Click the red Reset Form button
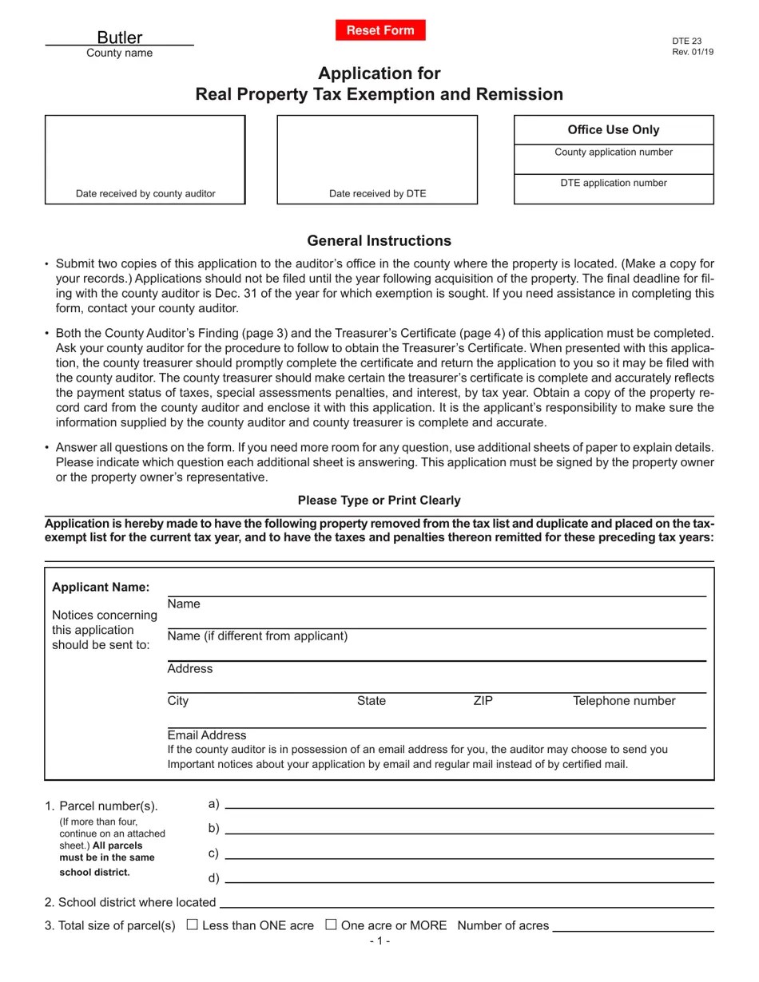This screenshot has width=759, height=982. pyautogui.click(x=380, y=30)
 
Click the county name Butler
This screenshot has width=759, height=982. pyautogui.click(x=120, y=38)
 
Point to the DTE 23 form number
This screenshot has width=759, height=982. pyautogui.click(x=687, y=41)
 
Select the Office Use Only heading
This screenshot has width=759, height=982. pyautogui.click(x=614, y=129)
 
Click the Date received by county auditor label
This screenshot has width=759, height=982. pyautogui.click(x=145, y=193)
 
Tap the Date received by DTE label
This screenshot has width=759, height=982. pyautogui.click(x=377, y=193)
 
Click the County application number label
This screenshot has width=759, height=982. pyautogui.click(x=614, y=152)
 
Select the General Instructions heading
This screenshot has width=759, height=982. pyautogui.click(x=379, y=240)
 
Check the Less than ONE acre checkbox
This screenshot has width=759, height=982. pyautogui.click(x=192, y=925)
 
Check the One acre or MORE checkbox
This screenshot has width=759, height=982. pyautogui.click(x=331, y=925)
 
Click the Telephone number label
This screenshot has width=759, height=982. pyautogui.click(x=624, y=701)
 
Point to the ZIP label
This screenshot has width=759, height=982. pyautogui.click(x=483, y=701)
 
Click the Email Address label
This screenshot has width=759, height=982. pyautogui.click(x=207, y=735)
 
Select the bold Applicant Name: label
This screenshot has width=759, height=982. pyautogui.click(x=101, y=587)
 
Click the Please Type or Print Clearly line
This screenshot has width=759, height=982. pyautogui.click(x=379, y=500)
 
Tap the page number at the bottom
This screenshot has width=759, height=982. pyautogui.click(x=379, y=940)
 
